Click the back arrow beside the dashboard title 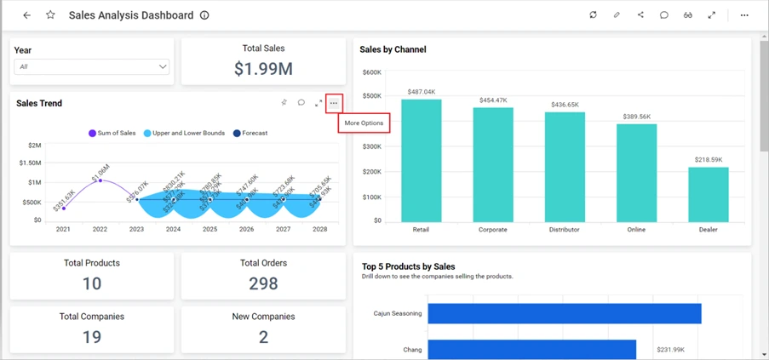coord(26,15)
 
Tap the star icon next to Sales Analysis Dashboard coord(50,15)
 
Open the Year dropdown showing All coord(92,66)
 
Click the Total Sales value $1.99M coord(263,69)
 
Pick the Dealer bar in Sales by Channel coord(709,194)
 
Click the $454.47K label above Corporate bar coord(493,100)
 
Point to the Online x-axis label coord(636,230)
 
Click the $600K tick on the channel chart coord(371,72)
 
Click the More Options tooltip coord(364,123)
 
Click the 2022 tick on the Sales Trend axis coord(100,230)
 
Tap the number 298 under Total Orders coord(263,283)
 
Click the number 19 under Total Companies coord(92,337)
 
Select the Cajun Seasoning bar coord(564,313)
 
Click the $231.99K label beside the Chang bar coord(673,350)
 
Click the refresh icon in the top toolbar coord(593,15)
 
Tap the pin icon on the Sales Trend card coord(284,103)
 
